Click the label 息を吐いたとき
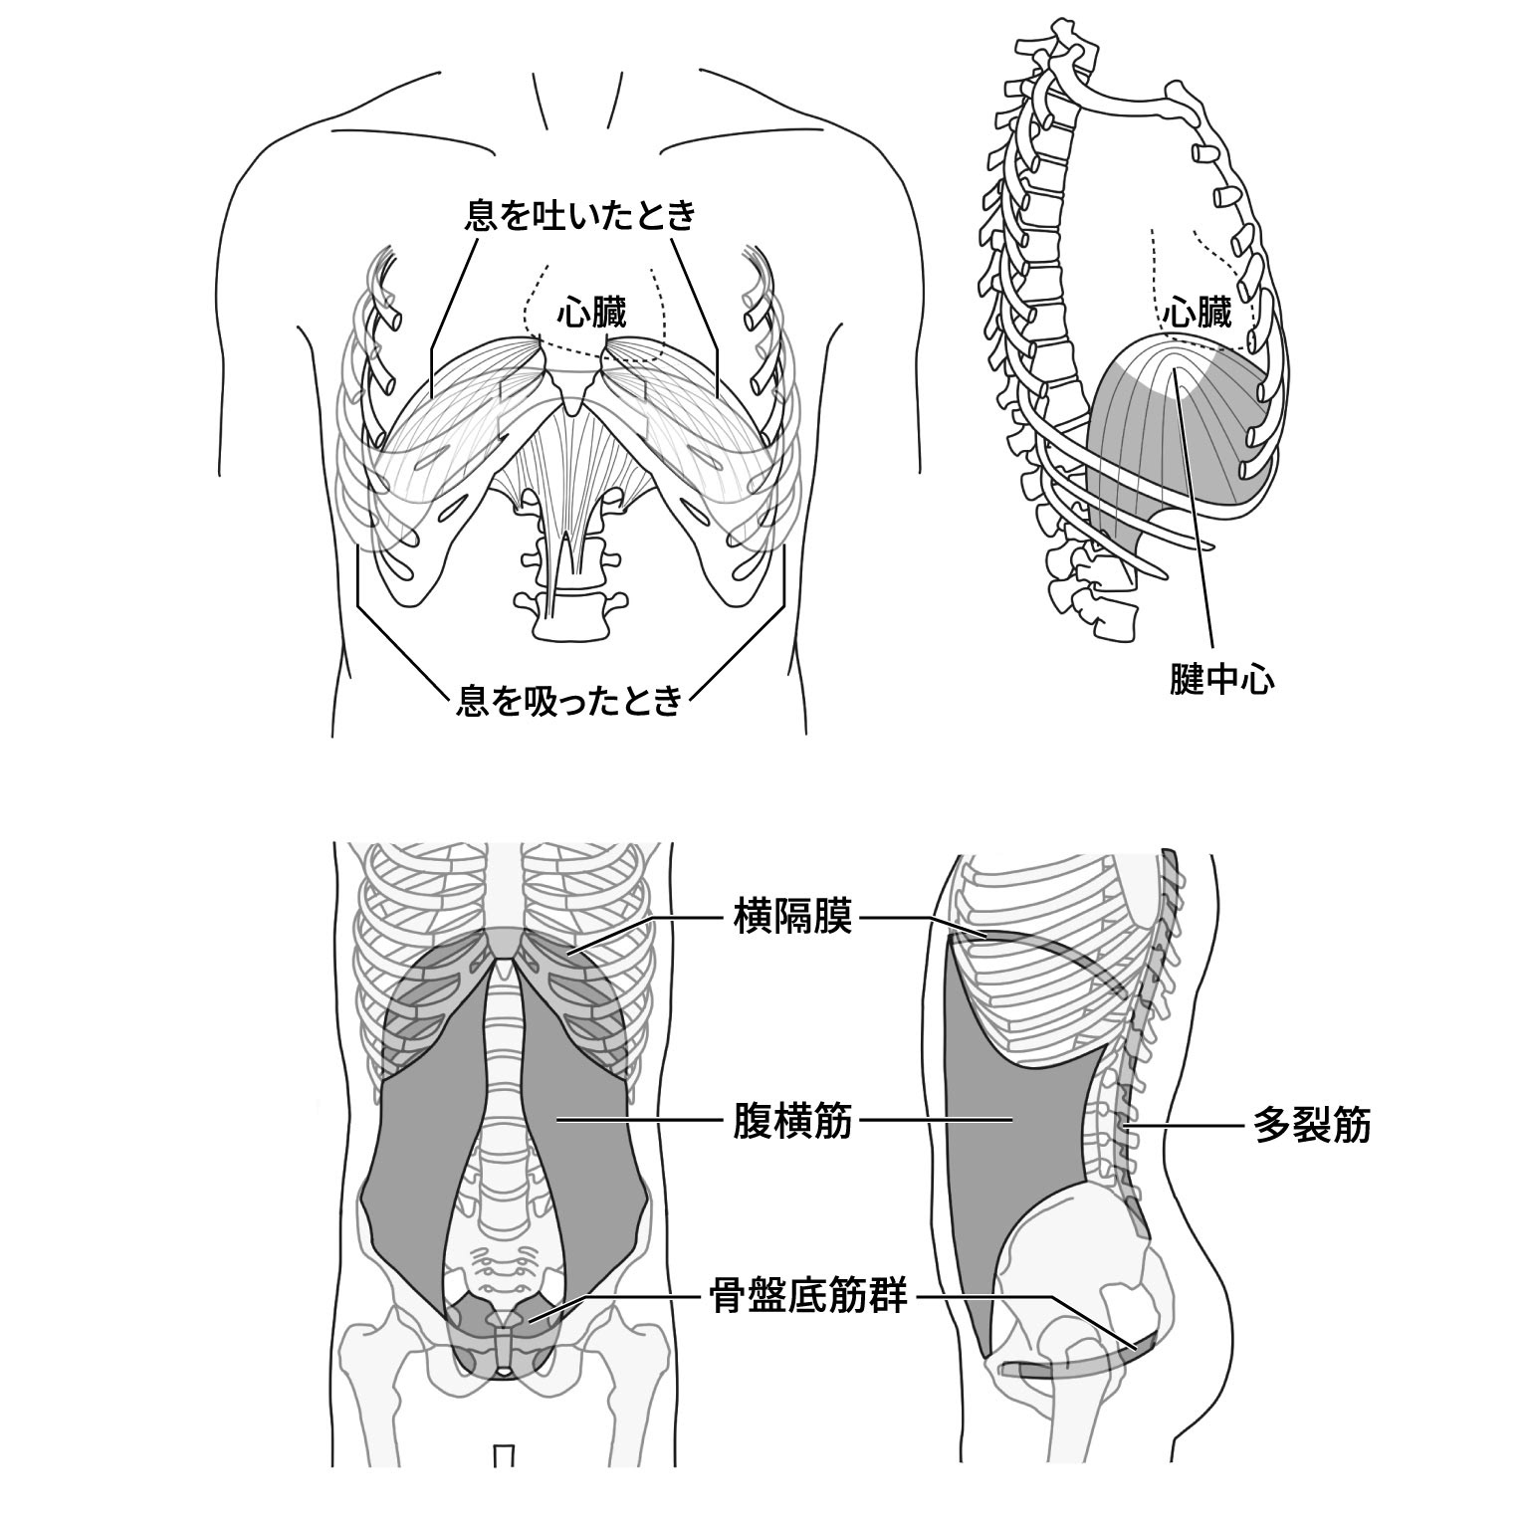pos(579,216)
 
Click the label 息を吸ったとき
pos(568,701)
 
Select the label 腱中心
pos(1221,681)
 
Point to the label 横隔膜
pos(792,917)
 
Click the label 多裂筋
pos(1312,1126)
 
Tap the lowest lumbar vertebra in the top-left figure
pos(571,623)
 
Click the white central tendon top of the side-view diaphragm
pos(1175,363)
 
